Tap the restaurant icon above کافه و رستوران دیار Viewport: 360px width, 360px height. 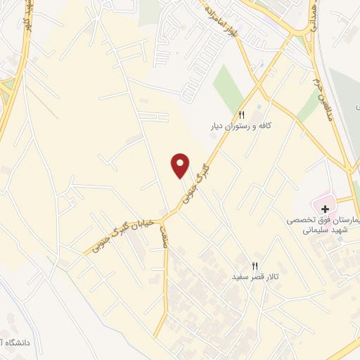(x=241, y=115)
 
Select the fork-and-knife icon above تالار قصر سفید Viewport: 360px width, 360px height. (x=255, y=266)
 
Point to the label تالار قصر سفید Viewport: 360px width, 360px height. (x=256, y=278)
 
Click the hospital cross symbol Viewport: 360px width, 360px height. (x=325, y=209)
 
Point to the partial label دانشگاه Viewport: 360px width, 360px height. (x=18, y=343)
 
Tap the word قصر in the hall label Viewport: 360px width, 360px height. (x=256, y=278)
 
